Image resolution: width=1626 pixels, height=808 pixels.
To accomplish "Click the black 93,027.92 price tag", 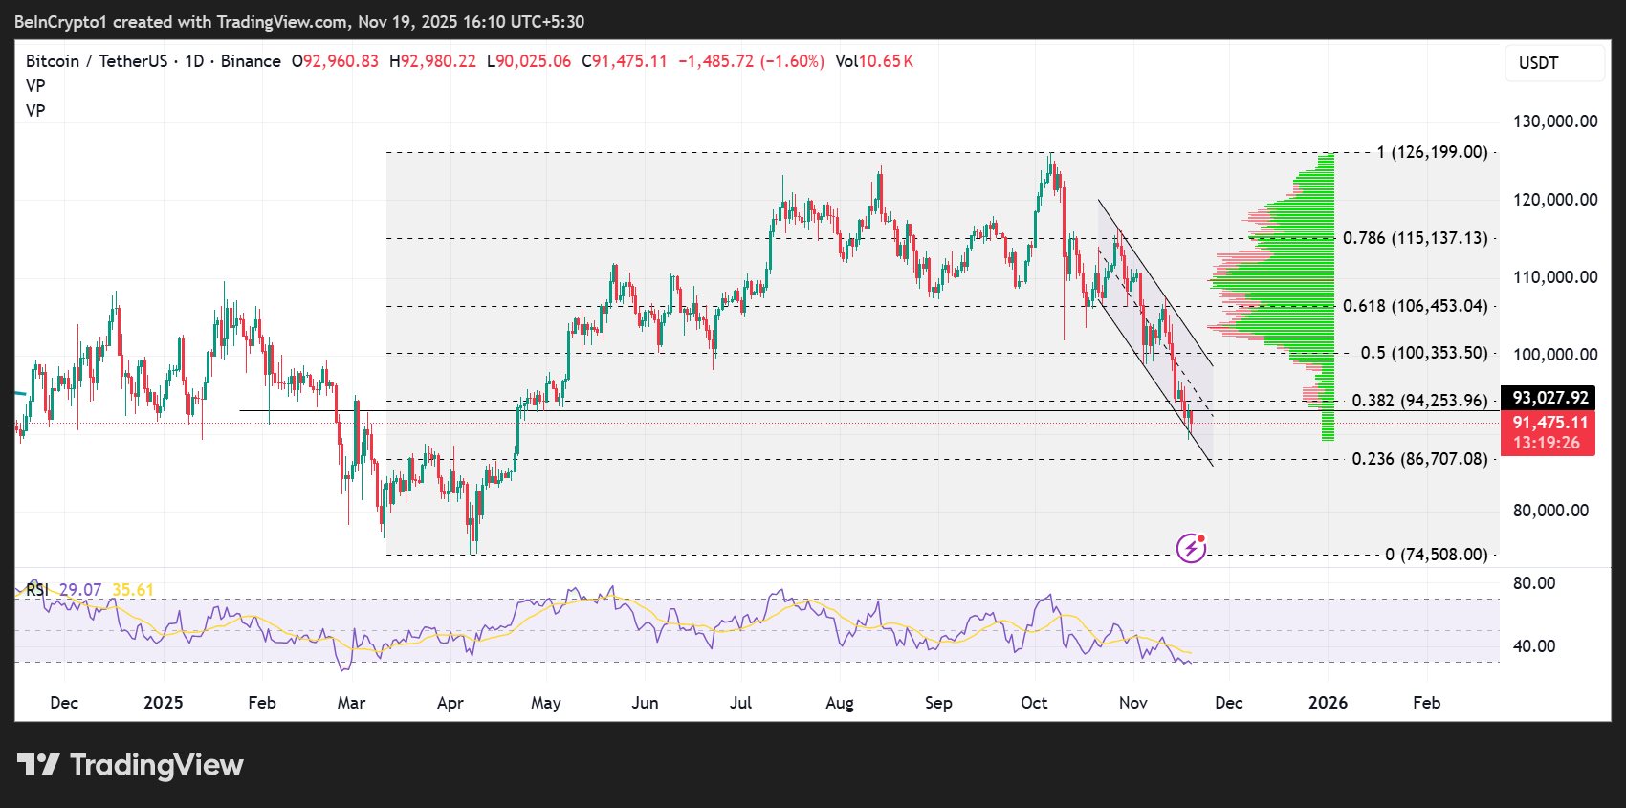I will [1549, 398].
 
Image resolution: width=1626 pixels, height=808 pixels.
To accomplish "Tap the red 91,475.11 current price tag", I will [1549, 423].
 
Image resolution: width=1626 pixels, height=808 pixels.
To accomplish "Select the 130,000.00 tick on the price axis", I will [1554, 121].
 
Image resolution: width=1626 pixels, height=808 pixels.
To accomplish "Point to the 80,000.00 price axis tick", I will [1550, 511].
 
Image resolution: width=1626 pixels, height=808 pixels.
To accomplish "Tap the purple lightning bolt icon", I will [1191, 548].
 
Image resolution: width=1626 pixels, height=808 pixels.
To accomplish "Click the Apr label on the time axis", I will [450, 703].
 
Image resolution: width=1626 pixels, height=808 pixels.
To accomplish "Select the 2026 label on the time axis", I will [1328, 703].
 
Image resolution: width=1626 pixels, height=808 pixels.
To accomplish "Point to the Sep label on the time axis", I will [938, 703].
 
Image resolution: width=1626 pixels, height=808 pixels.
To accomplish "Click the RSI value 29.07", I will [80, 590].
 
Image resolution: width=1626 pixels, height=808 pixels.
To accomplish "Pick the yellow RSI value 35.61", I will [133, 590].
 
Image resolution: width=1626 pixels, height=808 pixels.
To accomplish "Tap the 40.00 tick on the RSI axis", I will [1534, 646].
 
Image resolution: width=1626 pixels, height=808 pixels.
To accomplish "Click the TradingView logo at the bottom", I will [130, 765].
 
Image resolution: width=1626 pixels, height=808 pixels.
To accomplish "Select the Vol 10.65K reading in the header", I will [874, 61].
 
